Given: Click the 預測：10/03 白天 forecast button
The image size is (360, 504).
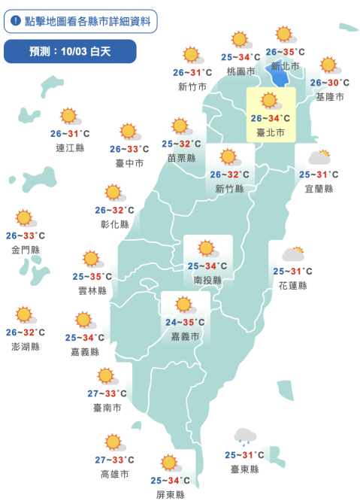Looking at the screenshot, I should tap(70, 51).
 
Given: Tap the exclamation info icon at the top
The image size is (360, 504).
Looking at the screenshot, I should tap(15, 21).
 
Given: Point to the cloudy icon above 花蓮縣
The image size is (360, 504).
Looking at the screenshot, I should tap(292, 254).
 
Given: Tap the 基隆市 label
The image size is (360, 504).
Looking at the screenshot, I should tap(329, 97).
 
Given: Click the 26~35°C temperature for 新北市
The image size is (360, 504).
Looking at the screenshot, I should tap(285, 53).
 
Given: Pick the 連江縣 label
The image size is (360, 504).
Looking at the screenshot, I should tap(70, 147).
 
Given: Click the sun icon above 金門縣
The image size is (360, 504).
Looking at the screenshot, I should tap(26, 218).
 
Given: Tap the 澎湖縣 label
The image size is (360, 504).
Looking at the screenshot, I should tap(25, 346).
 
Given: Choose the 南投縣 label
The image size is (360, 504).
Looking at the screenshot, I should tap(207, 280).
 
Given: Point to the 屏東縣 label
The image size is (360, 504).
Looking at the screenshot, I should tap(170, 494).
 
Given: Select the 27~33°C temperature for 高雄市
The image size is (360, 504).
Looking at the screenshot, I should tap(115, 460).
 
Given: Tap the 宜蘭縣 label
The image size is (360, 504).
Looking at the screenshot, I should tap(319, 188).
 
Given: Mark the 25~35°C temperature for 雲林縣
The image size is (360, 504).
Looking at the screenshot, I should tap(92, 277).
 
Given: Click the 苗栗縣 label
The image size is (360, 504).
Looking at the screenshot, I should tap(181, 158).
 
